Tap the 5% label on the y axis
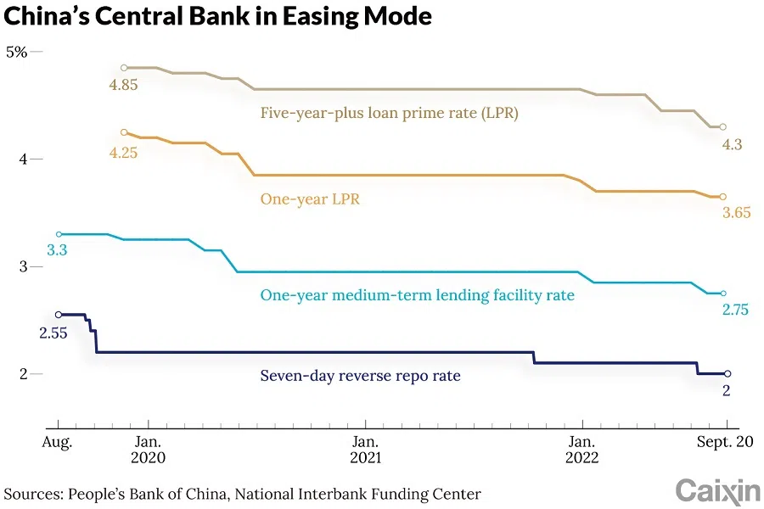point(17,52)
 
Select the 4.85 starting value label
point(123,85)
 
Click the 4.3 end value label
point(732,145)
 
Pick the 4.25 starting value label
point(123,153)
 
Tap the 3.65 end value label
point(736,213)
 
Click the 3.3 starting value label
point(57,250)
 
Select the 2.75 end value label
point(735,310)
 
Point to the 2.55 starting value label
point(53,333)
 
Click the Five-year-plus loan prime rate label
point(389,113)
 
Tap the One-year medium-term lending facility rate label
point(417,295)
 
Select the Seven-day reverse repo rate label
point(360,375)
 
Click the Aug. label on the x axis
point(59,442)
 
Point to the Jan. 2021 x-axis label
point(365,450)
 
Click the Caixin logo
point(717,491)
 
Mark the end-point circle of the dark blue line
point(727,373)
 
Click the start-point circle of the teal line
point(59,234)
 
